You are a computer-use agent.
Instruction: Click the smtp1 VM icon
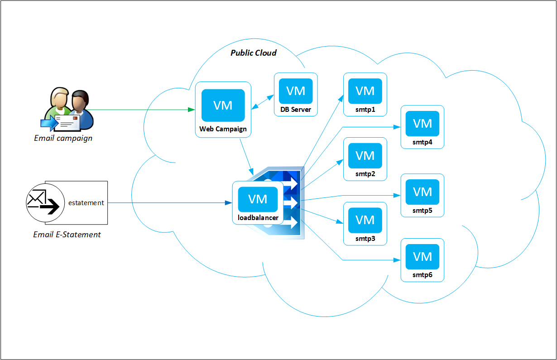pos(365,91)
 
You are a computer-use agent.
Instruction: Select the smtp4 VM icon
pos(423,123)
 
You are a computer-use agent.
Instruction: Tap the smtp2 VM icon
pos(365,155)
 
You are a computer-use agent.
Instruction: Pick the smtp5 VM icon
pos(423,191)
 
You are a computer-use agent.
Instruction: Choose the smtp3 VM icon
pos(365,220)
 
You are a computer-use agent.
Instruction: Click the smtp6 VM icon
pos(423,256)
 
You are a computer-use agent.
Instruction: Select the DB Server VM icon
pos(296,91)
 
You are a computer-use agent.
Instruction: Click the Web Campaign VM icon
pos(223,106)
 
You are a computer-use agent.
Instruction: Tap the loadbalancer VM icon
pos(258,199)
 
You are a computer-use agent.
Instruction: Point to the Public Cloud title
pos(253,53)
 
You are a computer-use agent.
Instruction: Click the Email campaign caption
pos(63,138)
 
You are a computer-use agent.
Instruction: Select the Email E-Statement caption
pos(67,235)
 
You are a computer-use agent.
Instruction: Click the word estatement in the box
pos(86,203)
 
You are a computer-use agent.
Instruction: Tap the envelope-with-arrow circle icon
pos(43,202)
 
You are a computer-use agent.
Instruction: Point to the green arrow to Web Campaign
pos(140,110)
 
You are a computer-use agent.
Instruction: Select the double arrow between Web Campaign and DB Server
pos(263,102)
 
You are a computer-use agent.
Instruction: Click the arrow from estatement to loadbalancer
pos(168,203)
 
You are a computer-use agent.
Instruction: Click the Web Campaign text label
pos(223,129)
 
